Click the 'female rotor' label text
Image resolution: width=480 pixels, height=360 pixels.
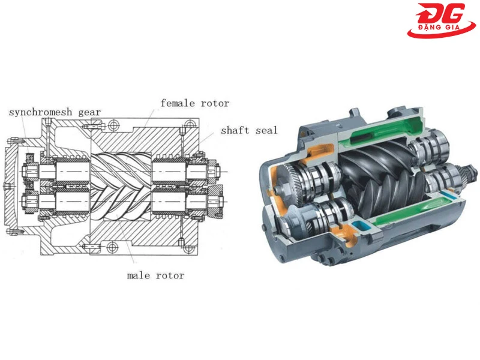pyautogui.click(x=194, y=103)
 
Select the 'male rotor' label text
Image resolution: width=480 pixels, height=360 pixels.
pyautogui.click(x=155, y=275)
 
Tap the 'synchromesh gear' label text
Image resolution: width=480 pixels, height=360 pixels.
pyautogui.click(x=55, y=112)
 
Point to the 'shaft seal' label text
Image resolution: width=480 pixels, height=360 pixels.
pyautogui.click(x=249, y=130)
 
